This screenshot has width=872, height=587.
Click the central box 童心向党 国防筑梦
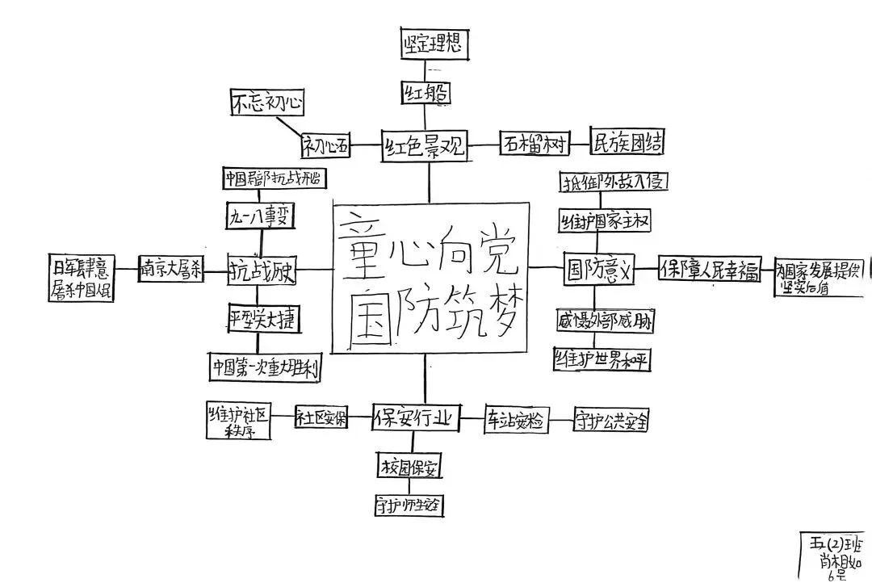(x=430, y=277)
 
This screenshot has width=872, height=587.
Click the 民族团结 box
(x=627, y=142)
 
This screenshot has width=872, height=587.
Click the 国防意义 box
(x=601, y=269)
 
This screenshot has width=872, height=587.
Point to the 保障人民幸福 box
(x=711, y=270)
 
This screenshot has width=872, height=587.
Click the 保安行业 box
(x=416, y=419)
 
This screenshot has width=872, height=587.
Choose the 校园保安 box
(x=411, y=466)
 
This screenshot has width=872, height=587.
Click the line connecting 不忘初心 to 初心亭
(x=289, y=127)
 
